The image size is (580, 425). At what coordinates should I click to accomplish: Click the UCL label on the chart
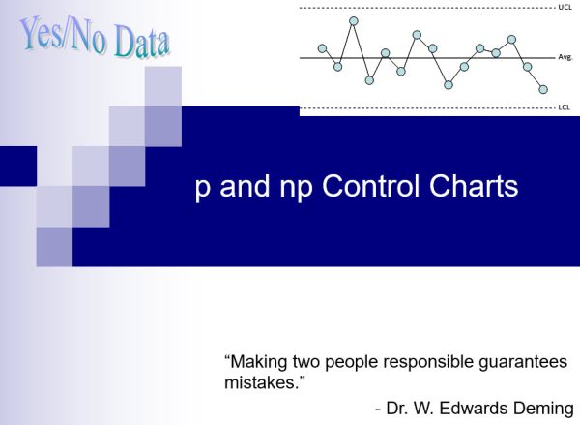(565, 7)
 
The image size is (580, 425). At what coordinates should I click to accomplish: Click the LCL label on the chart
(565, 106)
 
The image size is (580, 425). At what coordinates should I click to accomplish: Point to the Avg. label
(566, 57)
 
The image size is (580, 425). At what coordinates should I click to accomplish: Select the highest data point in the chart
(354, 20)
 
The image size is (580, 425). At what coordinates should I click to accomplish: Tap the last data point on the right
(543, 89)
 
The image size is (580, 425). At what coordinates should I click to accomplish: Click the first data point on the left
(322, 48)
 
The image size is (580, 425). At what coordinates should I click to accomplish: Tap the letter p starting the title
(202, 189)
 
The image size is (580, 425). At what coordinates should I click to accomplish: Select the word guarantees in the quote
(519, 363)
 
